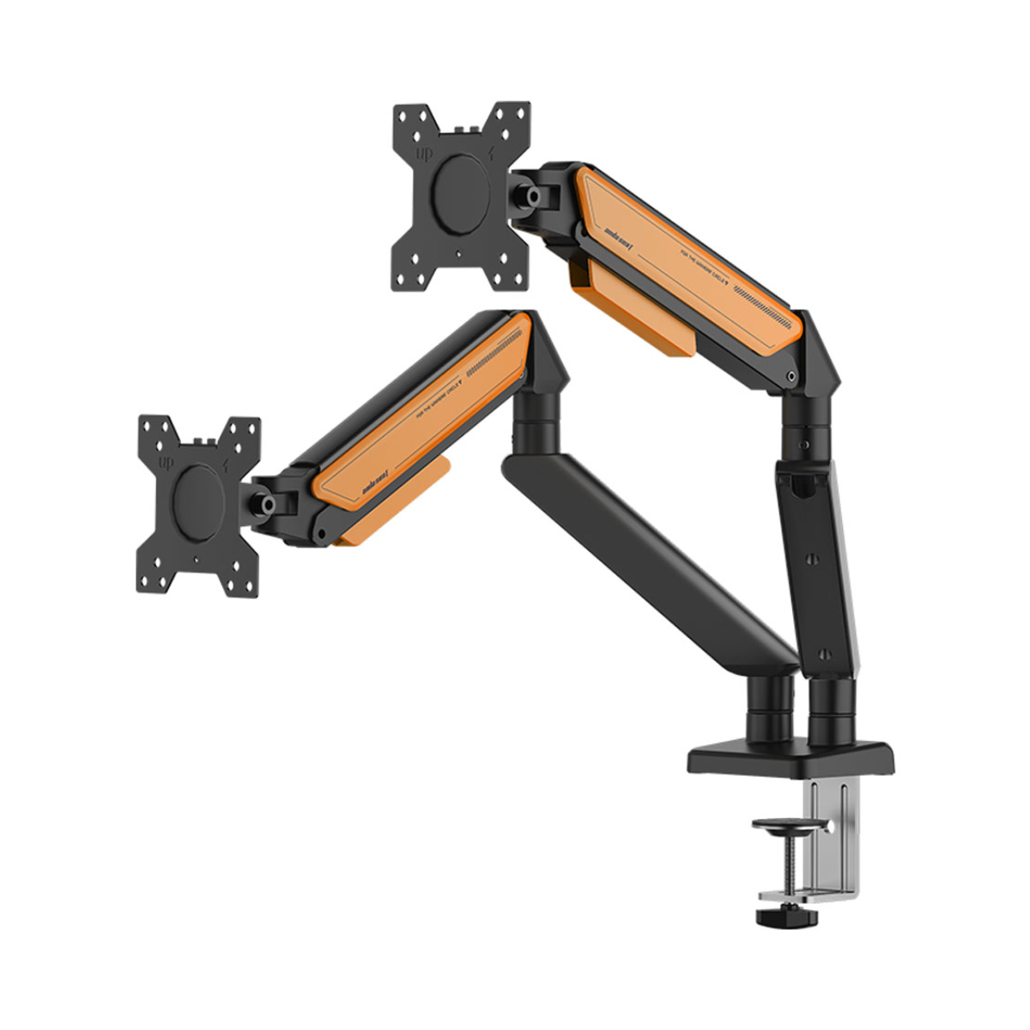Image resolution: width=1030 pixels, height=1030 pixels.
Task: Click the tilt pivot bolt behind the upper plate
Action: click(x=534, y=196)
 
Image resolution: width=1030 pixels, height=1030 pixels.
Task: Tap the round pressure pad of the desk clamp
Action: click(x=786, y=826)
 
